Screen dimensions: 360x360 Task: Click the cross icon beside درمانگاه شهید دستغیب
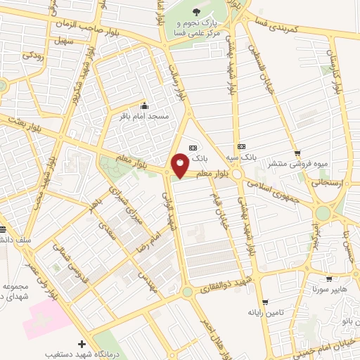tap(82, 344)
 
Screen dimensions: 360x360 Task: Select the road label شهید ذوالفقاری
tap(223, 287)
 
